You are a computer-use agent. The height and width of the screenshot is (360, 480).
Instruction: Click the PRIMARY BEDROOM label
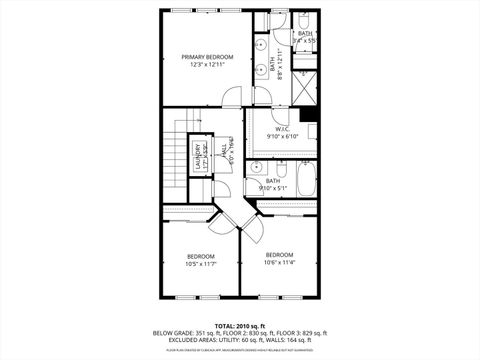[207, 57]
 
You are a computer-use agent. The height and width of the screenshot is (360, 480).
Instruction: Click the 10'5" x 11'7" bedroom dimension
[201, 264]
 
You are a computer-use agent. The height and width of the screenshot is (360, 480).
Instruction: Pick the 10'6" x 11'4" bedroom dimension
[280, 263]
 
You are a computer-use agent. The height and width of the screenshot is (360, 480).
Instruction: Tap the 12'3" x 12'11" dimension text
[207, 65]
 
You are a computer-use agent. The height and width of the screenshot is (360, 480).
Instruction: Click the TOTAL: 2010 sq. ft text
[239, 326]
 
